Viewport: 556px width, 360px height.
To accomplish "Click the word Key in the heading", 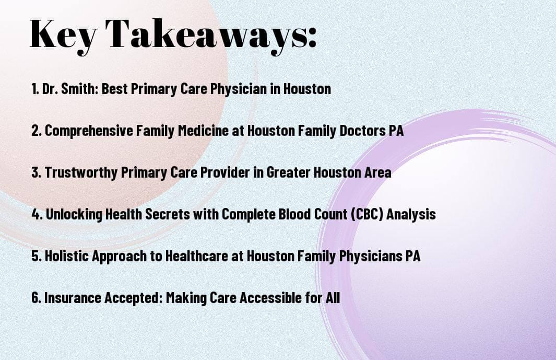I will pos(62,34).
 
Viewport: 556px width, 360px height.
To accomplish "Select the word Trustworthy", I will pos(75,172).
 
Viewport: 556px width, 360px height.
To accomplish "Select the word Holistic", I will pos(65,256).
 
